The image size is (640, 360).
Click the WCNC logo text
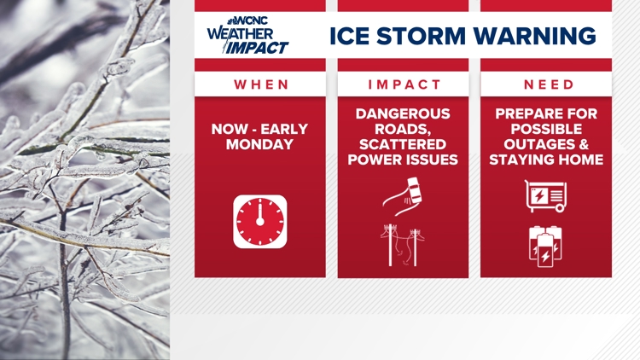(257, 20)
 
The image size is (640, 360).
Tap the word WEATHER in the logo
(238, 34)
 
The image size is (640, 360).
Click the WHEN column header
(260, 84)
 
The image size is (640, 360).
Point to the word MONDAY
(260, 145)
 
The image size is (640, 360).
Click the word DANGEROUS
(404, 113)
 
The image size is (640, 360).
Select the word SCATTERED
(404, 143)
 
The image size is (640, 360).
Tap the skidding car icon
(404, 194)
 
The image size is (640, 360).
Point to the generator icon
(545, 195)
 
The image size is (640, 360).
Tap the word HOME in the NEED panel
(580, 159)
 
